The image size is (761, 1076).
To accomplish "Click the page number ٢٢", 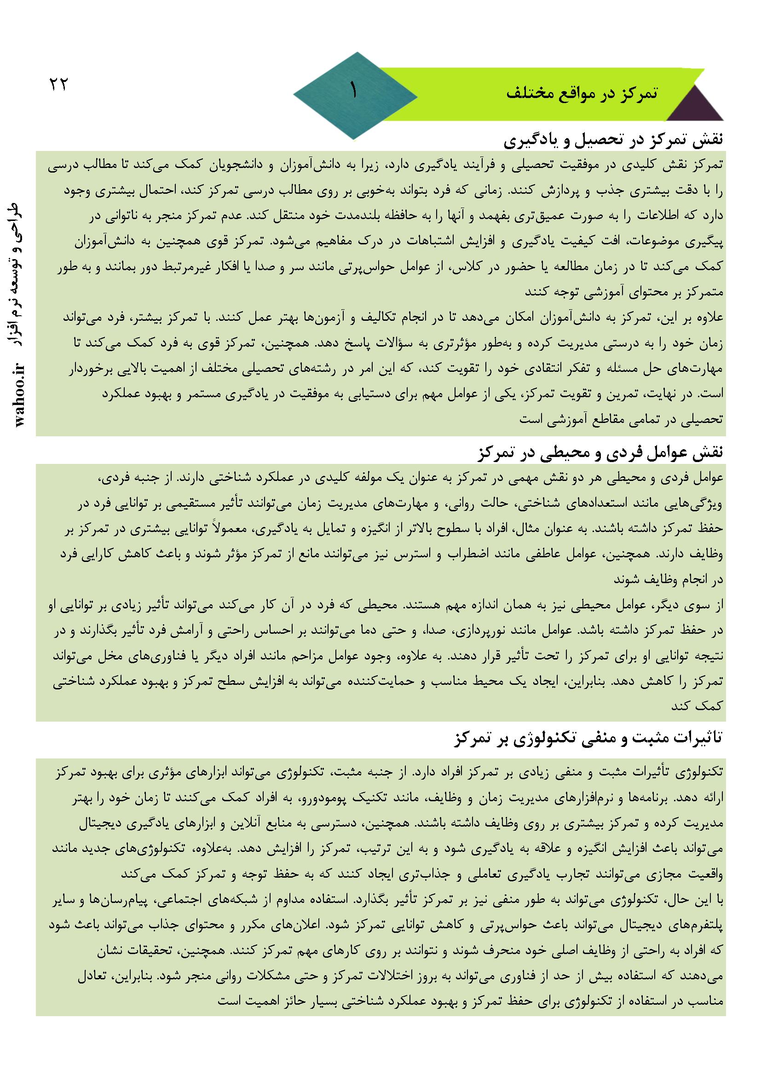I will click(58, 85).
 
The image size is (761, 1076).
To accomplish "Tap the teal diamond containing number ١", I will click(355, 95).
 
